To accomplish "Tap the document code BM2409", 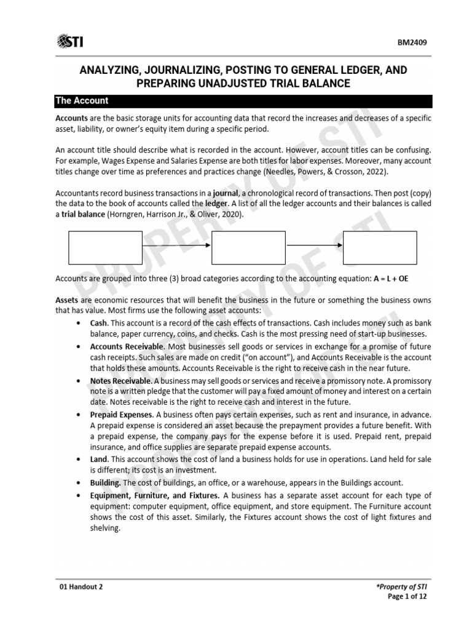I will (x=415, y=42).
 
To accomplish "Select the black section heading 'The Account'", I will (x=82, y=101).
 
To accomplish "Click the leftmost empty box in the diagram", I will (x=104, y=247).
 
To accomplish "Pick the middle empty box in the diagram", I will (x=248, y=247).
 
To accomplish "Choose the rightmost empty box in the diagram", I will (x=380, y=247).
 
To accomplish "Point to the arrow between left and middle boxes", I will (x=176, y=247).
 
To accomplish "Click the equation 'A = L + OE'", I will (x=391, y=279).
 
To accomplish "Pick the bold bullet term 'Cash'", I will (x=99, y=323).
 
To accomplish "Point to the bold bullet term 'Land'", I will (x=98, y=460).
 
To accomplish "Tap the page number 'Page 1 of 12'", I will (x=410, y=597).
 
